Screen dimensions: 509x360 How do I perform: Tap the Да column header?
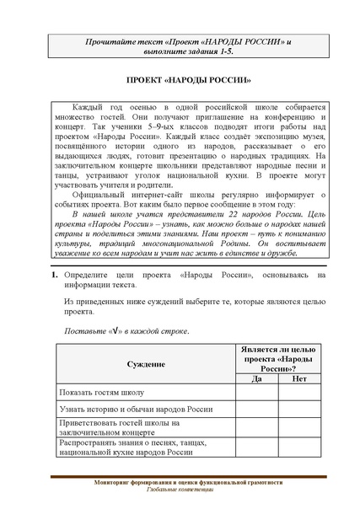(258, 378)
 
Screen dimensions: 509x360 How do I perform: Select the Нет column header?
(298, 378)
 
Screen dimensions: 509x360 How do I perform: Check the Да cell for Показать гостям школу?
(258, 392)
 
